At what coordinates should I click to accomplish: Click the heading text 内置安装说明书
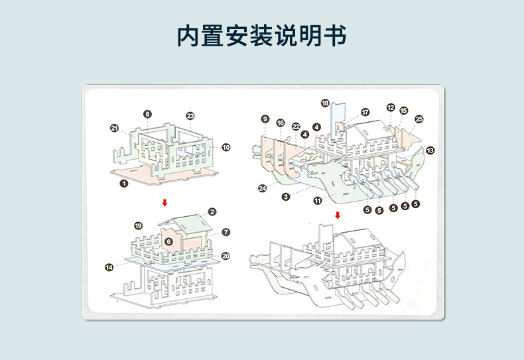click(x=261, y=36)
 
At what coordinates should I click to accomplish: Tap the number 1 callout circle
click(x=123, y=184)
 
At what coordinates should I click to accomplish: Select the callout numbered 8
click(x=147, y=114)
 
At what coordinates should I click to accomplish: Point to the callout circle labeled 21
click(x=114, y=128)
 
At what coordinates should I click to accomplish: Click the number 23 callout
click(x=190, y=116)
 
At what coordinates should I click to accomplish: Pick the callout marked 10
click(x=226, y=147)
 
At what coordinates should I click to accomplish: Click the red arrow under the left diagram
click(x=164, y=202)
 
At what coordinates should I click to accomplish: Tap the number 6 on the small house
click(x=168, y=242)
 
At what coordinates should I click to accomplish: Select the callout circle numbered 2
click(x=212, y=211)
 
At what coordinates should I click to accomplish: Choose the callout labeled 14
click(x=109, y=267)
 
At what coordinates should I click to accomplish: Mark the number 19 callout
click(x=138, y=226)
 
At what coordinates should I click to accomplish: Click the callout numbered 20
click(x=226, y=256)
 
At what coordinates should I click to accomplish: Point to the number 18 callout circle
click(x=325, y=103)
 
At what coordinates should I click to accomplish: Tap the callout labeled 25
click(x=419, y=119)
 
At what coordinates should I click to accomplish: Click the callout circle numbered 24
click(x=263, y=188)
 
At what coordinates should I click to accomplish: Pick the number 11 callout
click(x=318, y=200)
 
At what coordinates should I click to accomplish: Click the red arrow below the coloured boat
click(x=338, y=215)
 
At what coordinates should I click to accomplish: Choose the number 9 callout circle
click(x=265, y=119)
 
